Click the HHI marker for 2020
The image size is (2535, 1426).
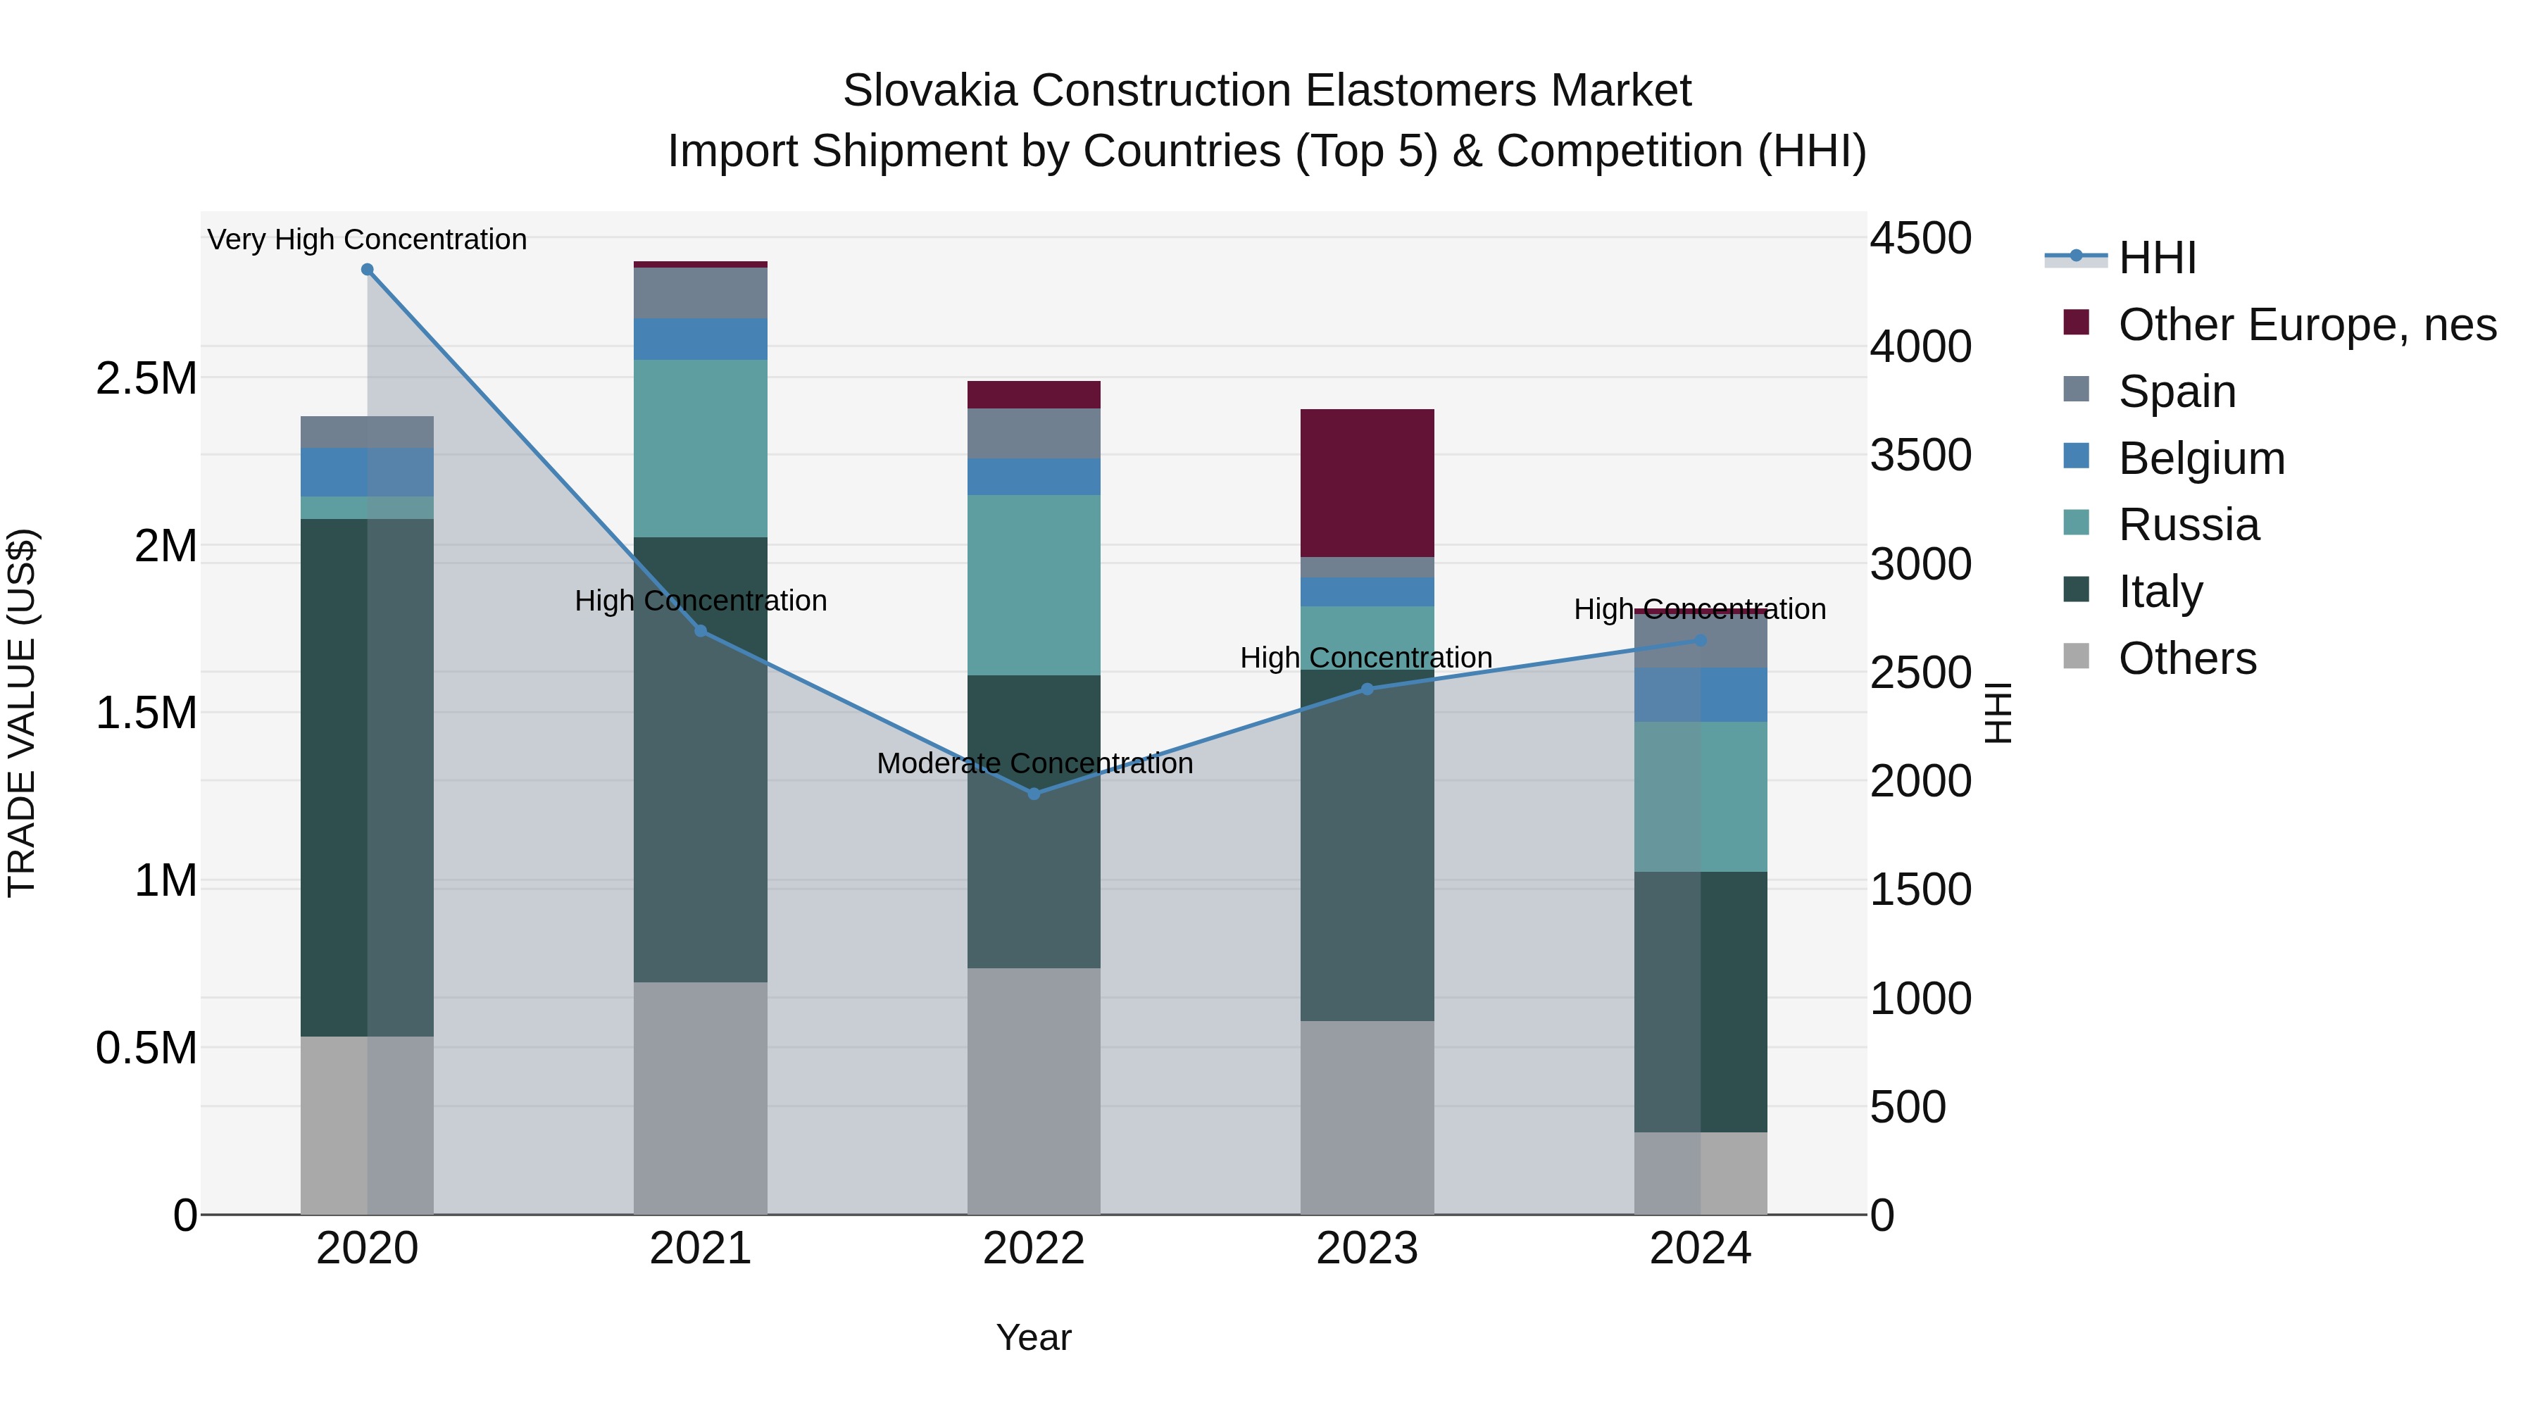click(367, 270)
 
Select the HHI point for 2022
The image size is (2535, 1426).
click(1033, 793)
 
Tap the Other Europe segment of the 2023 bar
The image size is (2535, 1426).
click(1367, 482)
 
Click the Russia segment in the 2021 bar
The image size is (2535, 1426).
click(700, 448)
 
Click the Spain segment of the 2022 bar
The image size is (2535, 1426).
click(1033, 433)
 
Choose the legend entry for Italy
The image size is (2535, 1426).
click(2160, 592)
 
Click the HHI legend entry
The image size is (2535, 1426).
click(2156, 258)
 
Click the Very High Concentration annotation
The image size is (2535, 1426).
click(367, 239)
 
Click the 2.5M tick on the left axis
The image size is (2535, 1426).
click(146, 379)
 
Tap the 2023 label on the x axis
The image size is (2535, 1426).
click(1367, 1249)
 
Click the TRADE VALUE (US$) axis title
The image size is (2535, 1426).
click(22, 713)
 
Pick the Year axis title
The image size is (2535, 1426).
click(1033, 1337)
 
